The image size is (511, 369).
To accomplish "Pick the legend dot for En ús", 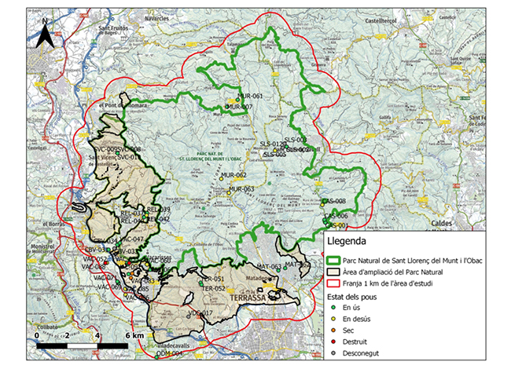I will point(333,309).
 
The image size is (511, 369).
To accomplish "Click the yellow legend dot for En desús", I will point(333,320).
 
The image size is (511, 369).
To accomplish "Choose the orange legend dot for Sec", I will point(333,331).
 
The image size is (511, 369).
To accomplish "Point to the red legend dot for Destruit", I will point(333,342).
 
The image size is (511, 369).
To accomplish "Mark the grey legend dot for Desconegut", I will point(333,353).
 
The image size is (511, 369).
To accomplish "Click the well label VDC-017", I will point(200,313).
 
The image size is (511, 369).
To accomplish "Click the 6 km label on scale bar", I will point(134,336).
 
